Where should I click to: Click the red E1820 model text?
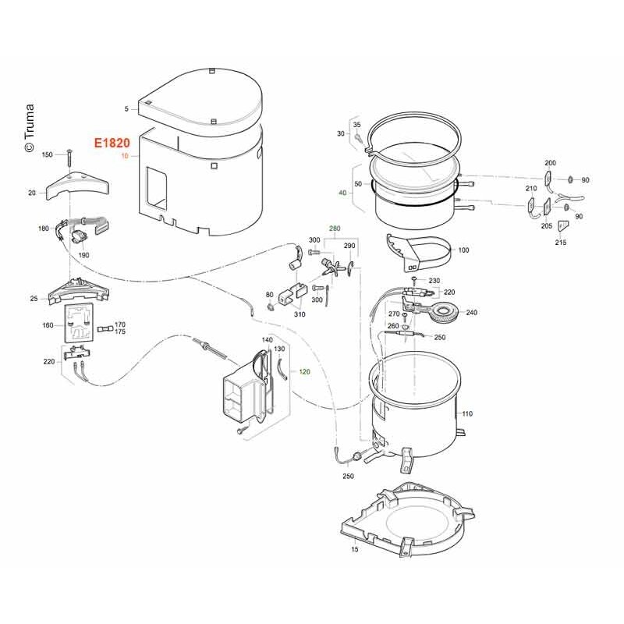(112, 143)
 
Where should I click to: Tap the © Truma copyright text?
(29, 128)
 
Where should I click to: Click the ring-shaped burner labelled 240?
(445, 313)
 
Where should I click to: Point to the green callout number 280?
(335, 229)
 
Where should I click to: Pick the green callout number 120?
(304, 372)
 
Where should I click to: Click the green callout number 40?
(342, 193)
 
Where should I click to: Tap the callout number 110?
(467, 413)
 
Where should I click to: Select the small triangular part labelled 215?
(562, 226)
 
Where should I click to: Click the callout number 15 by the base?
(355, 549)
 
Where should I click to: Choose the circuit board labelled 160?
(80, 323)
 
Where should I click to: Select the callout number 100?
(463, 250)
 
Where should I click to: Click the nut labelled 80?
(271, 307)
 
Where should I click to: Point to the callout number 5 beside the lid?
(126, 108)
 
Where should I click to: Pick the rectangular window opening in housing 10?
(157, 189)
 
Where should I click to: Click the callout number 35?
(357, 125)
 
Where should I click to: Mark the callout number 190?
(83, 255)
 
